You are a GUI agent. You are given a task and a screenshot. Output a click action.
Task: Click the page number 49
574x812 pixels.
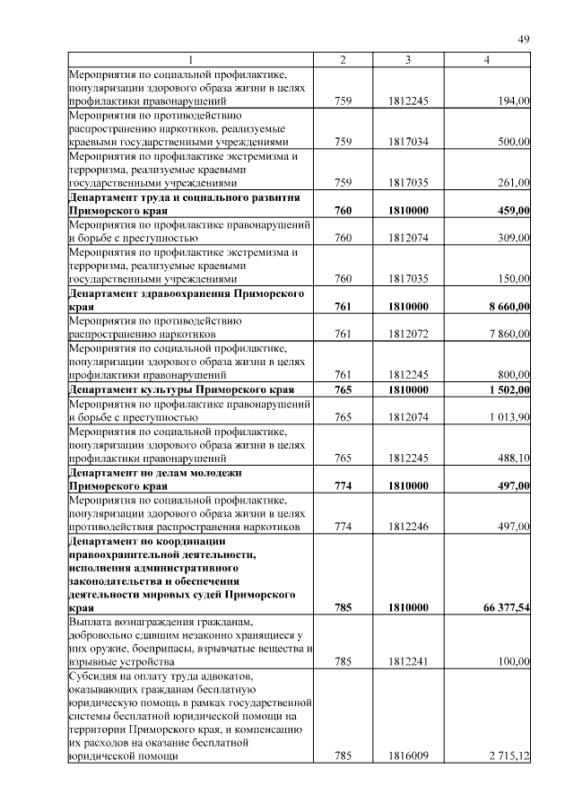pyautogui.click(x=525, y=39)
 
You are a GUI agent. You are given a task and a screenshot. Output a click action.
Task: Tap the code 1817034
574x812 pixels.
pyautogui.click(x=408, y=142)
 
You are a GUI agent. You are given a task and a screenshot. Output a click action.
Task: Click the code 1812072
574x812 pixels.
pyautogui.click(x=408, y=334)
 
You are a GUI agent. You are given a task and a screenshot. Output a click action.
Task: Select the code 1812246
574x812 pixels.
pyautogui.click(x=408, y=527)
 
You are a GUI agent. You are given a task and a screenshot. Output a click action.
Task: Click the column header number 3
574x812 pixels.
pyautogui.click(x=408, y=59)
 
